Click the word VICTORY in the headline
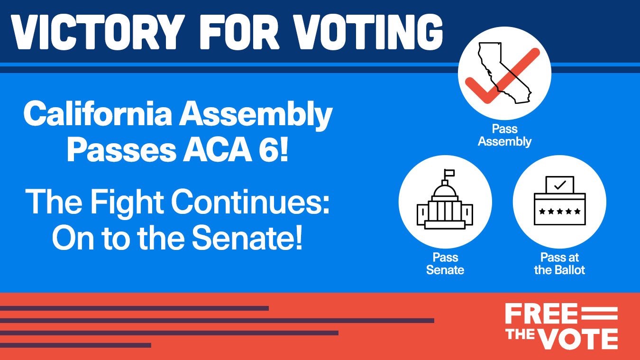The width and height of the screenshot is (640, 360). (96, 32)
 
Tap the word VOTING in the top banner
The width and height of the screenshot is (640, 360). (368, 32)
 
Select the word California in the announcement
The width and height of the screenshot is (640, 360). (98, 114)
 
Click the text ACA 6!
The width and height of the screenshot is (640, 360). (236, 150)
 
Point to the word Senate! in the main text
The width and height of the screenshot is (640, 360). (247, 238)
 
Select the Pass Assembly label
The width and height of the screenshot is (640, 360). (504, 135)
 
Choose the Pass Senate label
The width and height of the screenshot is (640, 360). (445, 264)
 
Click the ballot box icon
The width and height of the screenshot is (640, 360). (560, 201)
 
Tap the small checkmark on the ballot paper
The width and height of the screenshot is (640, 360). (560, 185)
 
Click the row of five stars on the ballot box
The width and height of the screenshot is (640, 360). (560, 212)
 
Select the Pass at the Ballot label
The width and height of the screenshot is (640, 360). (559, 264)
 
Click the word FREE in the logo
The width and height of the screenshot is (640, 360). (541, 314)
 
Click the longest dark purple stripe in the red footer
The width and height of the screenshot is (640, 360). (217, 321)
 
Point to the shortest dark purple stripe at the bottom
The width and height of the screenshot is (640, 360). (75, 345)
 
